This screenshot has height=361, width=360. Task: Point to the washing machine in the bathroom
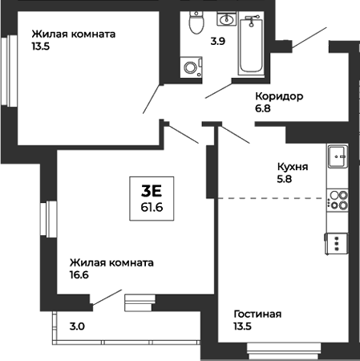tap(192, 67)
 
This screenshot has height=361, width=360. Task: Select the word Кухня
tap(292, 168)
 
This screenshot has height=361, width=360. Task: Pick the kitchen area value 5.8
tap(284, 180)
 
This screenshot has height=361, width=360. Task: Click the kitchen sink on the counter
tap(337, 156)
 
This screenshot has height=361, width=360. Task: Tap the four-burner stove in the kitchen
tap(338, 199)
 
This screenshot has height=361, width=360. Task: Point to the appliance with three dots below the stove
tap(337, 241)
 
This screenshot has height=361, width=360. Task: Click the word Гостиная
tap(257, 314)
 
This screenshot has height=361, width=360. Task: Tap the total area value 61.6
tap(152, 207)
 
